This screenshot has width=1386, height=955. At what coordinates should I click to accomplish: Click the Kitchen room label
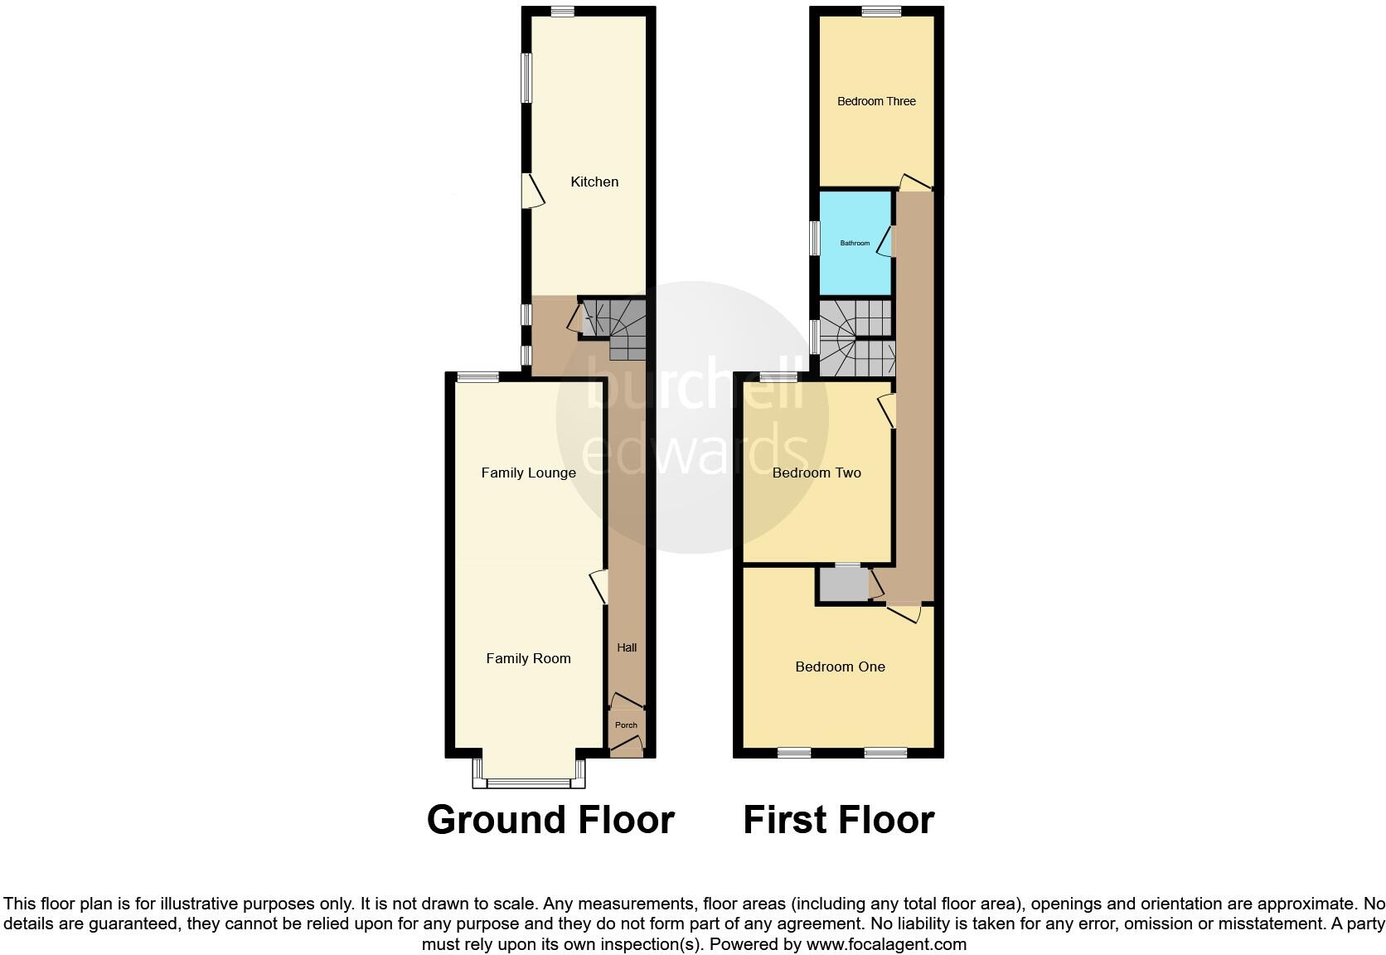pos(594,182)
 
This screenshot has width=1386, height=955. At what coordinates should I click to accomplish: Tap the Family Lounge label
pos(528,473)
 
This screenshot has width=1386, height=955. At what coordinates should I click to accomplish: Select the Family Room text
pos(528,658)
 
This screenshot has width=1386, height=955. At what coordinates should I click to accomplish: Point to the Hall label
pos(627,647)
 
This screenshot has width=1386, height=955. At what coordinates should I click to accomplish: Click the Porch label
pos(626,725)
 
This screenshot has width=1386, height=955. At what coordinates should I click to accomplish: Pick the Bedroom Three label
pos(876,101)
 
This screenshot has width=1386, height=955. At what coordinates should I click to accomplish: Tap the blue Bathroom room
pos(855,243)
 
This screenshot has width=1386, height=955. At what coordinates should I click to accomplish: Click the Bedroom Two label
pos(817,473)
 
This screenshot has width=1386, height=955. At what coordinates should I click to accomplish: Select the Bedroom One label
pos(840,667)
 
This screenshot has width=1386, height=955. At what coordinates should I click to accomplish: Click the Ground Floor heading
pos(550,819)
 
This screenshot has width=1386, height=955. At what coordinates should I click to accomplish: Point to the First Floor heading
pos(838,819)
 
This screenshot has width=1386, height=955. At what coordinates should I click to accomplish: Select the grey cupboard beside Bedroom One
pos(842,584)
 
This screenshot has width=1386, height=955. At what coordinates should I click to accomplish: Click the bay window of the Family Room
pos(529,782)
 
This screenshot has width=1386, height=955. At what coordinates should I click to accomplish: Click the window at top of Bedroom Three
pos(880,12)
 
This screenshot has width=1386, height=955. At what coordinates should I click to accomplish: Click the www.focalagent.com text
pos(886,943)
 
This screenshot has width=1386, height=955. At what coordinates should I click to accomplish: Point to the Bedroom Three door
pos(914,182)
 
